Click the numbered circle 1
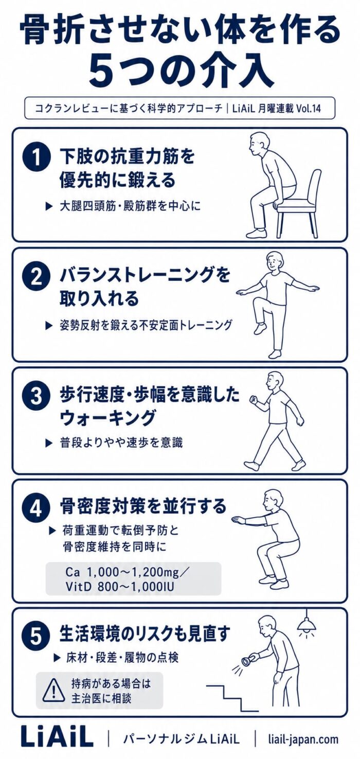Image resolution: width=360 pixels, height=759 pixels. click(36, 158)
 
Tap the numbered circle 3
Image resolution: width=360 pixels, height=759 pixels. click(36, 397)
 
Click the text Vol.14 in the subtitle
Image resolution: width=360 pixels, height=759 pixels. click(309, 109)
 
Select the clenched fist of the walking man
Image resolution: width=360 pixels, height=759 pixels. click(253, 399)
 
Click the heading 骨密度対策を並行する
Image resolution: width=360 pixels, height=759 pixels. click(143, 506)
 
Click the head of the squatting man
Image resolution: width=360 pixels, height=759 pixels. click(274, 500)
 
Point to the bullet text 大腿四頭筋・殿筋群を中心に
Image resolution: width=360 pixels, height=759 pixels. click(131, 206)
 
